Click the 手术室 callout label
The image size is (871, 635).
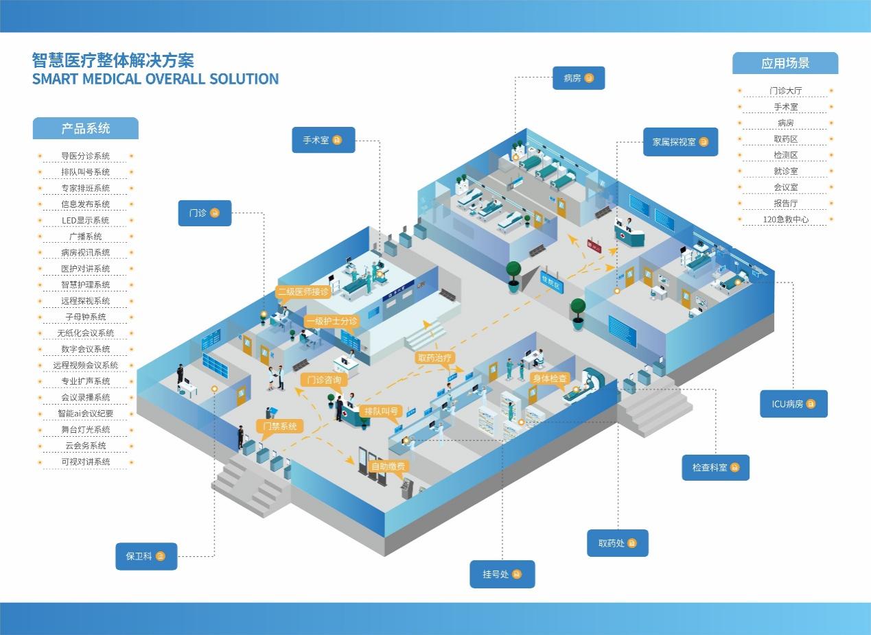pyautogui.click(x=323, y=140)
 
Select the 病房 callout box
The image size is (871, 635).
pyautogui.click(x=579, y=78)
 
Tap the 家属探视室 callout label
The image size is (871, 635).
pyautogui.click(x=680, y=142)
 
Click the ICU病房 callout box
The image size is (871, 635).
pyautogui.click(x=793, y=404)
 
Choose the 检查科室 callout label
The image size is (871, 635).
pyautogui.click(x=715, y=468)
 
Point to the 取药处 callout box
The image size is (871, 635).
pyautogui.click(x=618, y=543)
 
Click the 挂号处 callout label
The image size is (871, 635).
pyautogui.click(x=502, y=575)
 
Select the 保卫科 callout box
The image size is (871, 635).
pyautogui.click(x=146, y=556)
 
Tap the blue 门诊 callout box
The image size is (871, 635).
pyautogui.click(x=205, y=213)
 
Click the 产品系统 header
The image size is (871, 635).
pyautogui.click(x=85, y=128)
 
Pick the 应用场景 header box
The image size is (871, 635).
pyautogui.click(x=785, y=63)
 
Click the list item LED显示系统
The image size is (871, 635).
pyautogui.click(x=85, y=220)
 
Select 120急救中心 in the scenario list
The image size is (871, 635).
pyautogui.click(x=785, y=219)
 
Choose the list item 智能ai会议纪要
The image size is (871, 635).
pyautogui.click(x=85, y=414)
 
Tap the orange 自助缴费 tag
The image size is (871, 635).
pyautogui.click(x=388, y=466)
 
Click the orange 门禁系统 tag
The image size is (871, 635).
pyautogui.click(x=280, y=427)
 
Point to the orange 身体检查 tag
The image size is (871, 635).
pyautogui.click(x=550, y=379)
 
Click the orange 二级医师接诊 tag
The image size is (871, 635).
pyautogui.click(x=303, y=292)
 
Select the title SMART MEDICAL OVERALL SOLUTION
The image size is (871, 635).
pyautogui.click(x=155, y=79)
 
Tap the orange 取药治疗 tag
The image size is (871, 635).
pyautogui.click(x=434, y=357)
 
